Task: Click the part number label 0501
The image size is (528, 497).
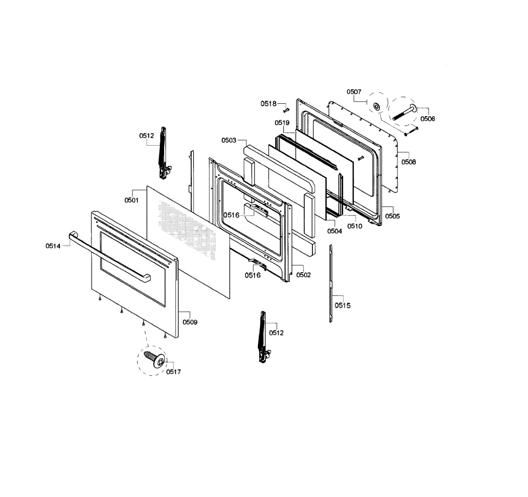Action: (x=131, y=200)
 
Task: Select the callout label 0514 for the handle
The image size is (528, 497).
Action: (x=53, y=246)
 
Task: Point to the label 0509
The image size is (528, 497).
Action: (x=190, y=322)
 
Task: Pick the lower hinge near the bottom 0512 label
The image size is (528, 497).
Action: (x=263, y=336)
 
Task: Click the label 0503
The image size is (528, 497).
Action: (x=229, y=140)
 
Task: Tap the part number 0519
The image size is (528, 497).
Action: (x=282, y=123)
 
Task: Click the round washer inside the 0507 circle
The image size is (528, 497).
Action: (x=377, y=106)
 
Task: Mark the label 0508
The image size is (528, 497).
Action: (x=408, y=162)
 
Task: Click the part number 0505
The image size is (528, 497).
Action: (x=392, y=216)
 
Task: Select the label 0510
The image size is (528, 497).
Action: (x=355, y=226)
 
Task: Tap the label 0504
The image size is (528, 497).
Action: (x=334, y=231)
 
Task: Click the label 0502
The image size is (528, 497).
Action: (x=303, y=275)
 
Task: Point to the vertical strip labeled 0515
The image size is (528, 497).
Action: (x=331, y=284)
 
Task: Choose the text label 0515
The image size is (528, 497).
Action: (x=342, y=305)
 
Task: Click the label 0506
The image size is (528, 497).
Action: (x=428, y=119)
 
